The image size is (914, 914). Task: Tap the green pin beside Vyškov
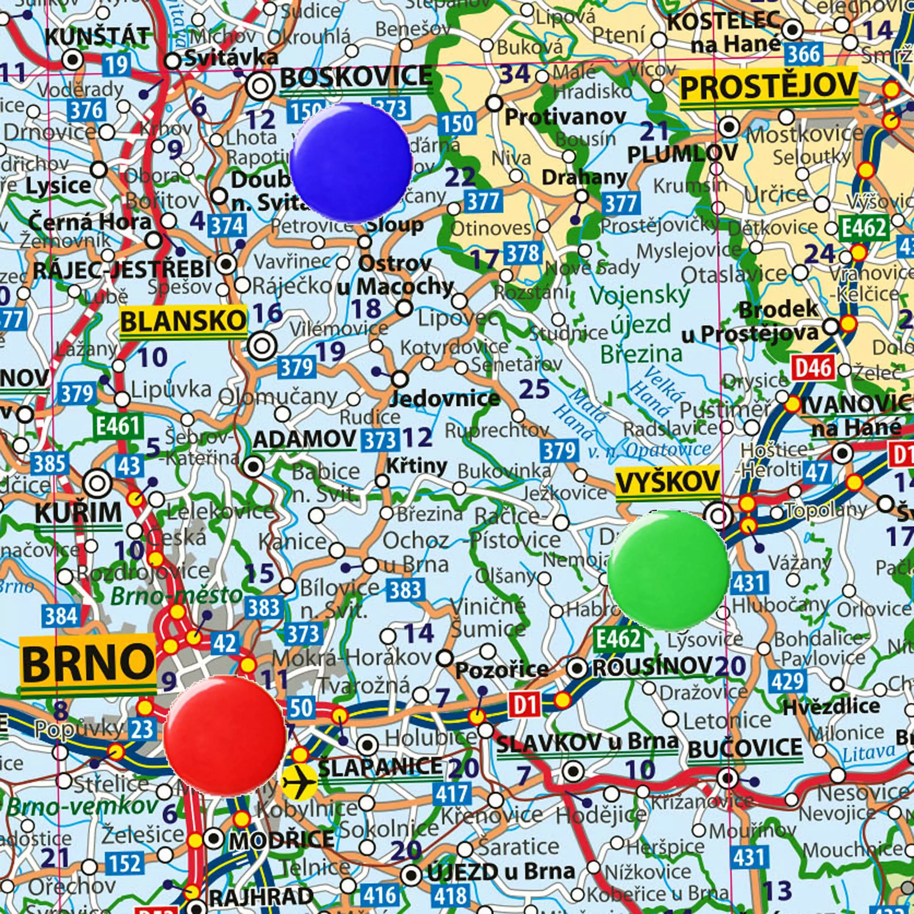click(x=668, y=570)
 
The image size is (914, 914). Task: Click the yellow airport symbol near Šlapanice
click(x=299, y=782)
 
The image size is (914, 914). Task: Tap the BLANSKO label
click(x=183, y=322)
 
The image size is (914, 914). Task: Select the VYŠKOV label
click(x=667, y=483)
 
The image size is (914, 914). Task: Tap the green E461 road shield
click(x=118, y=426)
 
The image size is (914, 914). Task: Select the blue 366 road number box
click(x=802, y=55)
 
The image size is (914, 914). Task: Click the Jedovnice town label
click(x=444, y=399)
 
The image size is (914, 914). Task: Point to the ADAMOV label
click(x=304, y=439)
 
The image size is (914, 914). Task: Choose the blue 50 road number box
click(x=301, y=708)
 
